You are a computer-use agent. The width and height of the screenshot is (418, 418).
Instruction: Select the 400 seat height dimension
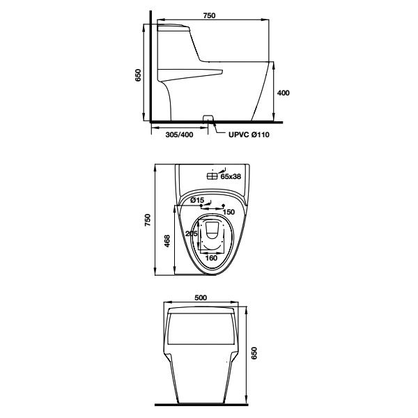(x=283, y=92)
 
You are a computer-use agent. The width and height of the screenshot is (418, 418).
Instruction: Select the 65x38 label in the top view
(x=231, y=177)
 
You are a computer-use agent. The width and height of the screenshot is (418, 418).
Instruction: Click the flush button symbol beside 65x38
(x=212, y=177)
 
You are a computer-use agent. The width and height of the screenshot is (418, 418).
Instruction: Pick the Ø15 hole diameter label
(x=196, y=200)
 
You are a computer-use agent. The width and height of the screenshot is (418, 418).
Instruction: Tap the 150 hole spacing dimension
(x=229, y=211)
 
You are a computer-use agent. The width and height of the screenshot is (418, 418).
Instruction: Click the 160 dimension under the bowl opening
(x=211, y=258)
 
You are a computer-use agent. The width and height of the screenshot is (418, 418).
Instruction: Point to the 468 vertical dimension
(x=167, y=240)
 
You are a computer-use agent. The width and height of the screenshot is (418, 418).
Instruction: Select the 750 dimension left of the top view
(x=147, y=220)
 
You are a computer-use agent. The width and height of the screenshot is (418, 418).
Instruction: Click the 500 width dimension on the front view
(x=201, y=297)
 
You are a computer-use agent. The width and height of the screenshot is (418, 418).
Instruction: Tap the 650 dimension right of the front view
(x=254, y=353)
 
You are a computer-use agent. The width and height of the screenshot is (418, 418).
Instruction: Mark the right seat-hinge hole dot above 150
(x=223, y=206)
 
